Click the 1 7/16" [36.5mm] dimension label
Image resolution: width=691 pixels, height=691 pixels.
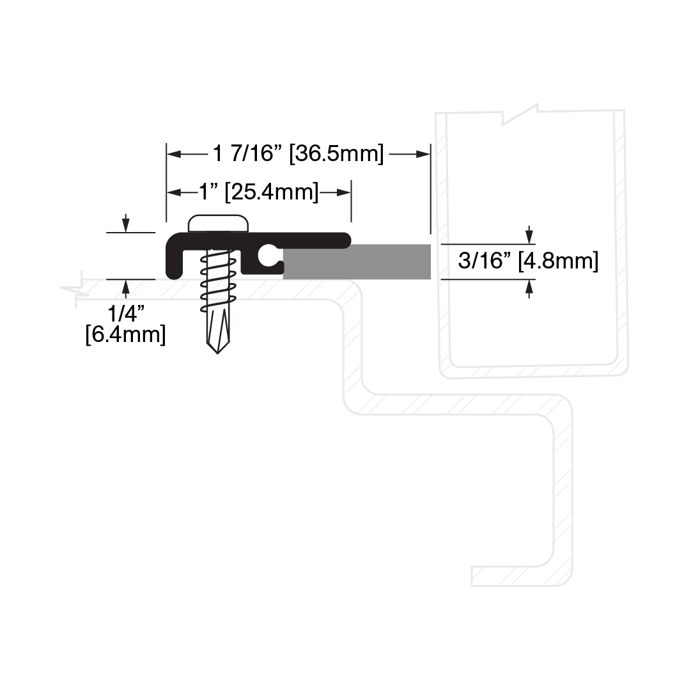coord(299,154)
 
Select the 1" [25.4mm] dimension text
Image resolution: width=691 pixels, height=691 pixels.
coord(259,192)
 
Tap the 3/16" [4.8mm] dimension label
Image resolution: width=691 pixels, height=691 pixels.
coord(528,261)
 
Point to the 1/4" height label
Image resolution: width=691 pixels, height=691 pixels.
coord(125,313)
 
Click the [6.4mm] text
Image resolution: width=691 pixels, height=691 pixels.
coord(125,334)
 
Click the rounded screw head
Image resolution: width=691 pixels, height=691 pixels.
coord(218,224)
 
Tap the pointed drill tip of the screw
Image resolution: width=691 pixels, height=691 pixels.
coord(218,348)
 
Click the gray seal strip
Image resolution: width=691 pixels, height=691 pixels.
coord(357,262)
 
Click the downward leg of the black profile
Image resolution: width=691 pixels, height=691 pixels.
coord(175,263)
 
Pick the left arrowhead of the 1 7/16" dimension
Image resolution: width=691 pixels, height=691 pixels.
coord(174,154)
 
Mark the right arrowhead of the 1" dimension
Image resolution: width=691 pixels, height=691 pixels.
coord(343,192)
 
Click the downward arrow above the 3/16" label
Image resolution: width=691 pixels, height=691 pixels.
coord(529,234)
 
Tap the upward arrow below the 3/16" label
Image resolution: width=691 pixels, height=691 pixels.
coord(529,289)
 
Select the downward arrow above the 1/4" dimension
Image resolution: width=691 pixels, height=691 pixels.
coord(126,223)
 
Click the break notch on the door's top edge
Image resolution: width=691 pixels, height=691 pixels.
coord(520,114)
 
